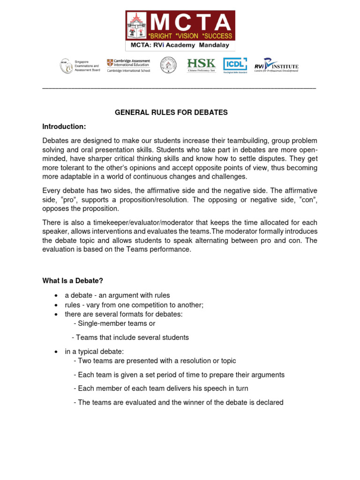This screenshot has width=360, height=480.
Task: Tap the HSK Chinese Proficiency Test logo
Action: pos(202,65)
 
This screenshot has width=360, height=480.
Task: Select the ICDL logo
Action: pos(235,65)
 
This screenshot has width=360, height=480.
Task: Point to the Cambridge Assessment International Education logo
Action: pos(128,65)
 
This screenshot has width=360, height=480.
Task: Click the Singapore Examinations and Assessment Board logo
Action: pos(80,66)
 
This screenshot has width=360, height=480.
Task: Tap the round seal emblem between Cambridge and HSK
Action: pos(168,65)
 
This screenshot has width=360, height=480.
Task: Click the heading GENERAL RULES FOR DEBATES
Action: pos(171,112)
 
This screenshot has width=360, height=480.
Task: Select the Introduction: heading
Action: pos(64,127)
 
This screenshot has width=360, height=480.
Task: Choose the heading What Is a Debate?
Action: pos(72,281)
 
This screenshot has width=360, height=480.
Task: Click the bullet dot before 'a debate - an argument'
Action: pos(56,295)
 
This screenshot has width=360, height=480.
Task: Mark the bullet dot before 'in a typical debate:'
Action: pos(56,352)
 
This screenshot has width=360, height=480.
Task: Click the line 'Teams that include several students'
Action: pos(130,337)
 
